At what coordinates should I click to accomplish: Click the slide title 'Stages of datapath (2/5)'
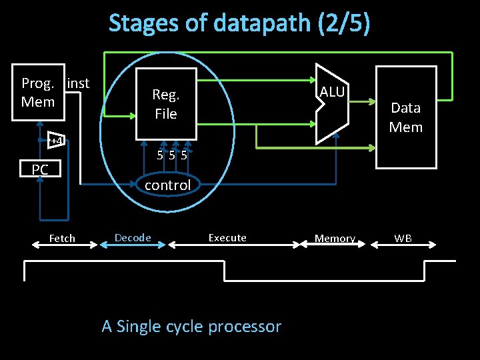[239, 23]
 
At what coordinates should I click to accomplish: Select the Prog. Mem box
[38, 93]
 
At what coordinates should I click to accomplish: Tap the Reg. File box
[166, 104]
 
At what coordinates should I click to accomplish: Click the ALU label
[331, 92]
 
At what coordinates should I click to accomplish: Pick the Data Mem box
[406, 117]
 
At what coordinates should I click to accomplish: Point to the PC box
[40, 170]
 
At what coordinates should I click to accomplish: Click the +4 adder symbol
[56, 141]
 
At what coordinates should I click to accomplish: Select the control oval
[167, 185]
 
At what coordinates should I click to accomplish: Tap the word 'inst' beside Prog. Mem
[78, 83]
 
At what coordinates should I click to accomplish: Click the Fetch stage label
[62, 238]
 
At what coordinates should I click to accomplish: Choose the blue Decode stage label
[133, 237]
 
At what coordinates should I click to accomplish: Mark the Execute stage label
[227, 237]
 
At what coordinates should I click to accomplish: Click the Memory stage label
[335, 238]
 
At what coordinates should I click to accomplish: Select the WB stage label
[403, 238]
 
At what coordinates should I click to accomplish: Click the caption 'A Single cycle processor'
[191, 327]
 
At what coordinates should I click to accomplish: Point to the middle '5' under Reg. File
[172, 155]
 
